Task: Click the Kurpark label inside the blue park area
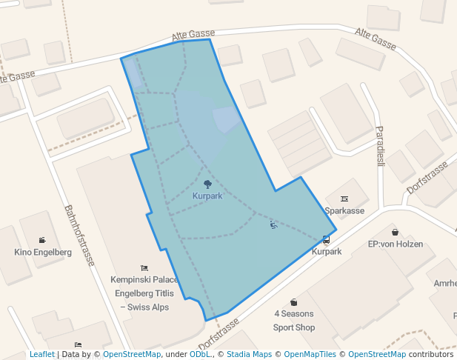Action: (207, 196)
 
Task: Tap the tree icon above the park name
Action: (207, 183)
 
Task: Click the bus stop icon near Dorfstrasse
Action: (326, 239)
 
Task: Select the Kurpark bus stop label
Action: (327, 252)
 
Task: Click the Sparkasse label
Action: (344, 211)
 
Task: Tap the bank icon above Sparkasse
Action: (344, 199)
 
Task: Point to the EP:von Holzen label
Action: (395, 244)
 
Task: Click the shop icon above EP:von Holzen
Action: (395, 232)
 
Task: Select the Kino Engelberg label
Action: (43, 253)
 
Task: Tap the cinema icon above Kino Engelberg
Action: (42, 240)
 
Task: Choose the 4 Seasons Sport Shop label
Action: (294, 321)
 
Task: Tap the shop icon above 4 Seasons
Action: (294, 301)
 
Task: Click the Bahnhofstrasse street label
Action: (79, 236)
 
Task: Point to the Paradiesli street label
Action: (379, 146)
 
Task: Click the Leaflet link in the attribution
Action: (42, 354)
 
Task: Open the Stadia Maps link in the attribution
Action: (248, 354)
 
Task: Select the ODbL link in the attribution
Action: (199, 354)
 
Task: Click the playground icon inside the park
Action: (273, 224)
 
